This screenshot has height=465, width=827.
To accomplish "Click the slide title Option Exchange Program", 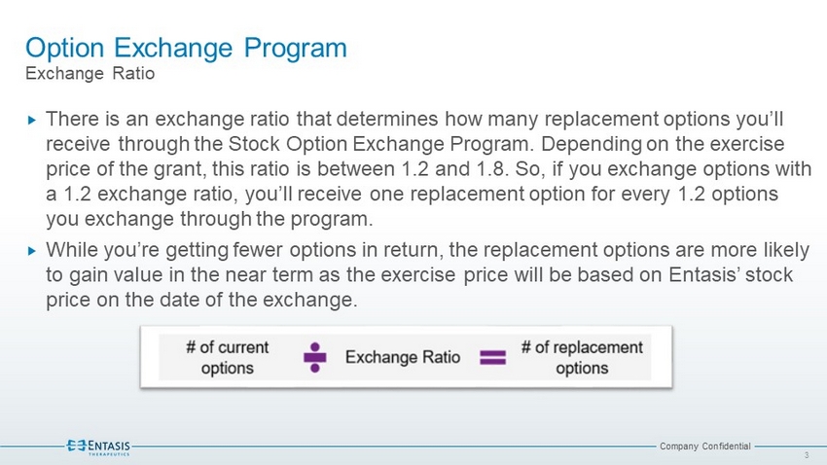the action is [186, 49].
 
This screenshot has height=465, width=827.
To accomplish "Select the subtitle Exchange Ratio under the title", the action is [90, 73].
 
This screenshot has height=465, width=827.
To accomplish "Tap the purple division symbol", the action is [315, 357].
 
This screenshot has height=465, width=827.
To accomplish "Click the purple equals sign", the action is [492, 358].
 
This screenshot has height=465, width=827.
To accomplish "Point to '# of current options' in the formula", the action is [228, 357].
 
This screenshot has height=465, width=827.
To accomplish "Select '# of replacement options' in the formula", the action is [582, 357].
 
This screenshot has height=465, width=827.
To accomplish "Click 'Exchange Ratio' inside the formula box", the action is [403, 357].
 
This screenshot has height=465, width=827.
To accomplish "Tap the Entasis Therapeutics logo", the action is [98, 447].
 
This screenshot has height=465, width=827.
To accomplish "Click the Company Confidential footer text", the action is [704, 446].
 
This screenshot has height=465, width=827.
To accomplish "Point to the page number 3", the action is [807, 455].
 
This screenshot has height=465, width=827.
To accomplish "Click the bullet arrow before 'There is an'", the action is [32, 121].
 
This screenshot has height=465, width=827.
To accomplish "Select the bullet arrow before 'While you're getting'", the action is [32, 251].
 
